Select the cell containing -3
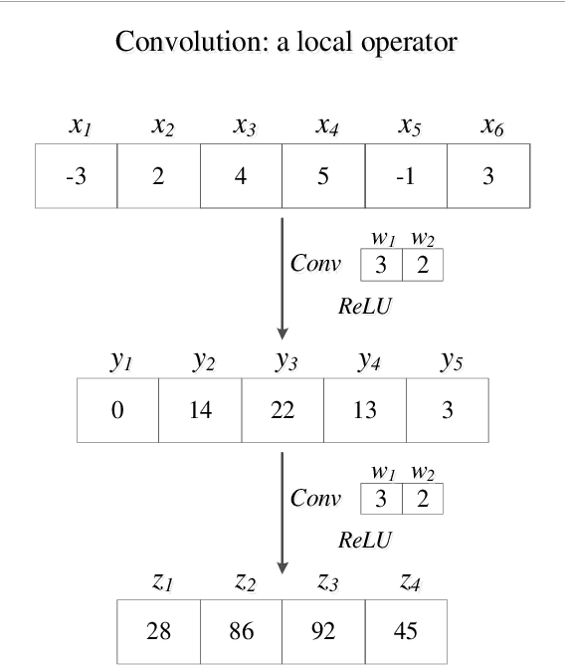(76, 177)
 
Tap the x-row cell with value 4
(241, 177)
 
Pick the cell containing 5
(323, 177)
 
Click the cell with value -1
(406, 177)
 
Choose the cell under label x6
(487, 177)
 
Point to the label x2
(160, 126)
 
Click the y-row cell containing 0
(118, 410)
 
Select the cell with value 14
(200, 410)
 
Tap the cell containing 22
(282, 410)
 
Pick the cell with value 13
(365, 410)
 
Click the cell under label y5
(448, 410)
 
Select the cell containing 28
(159, 630)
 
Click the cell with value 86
(242, 630)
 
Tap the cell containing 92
(323, 630)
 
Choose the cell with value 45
(405, 630)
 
